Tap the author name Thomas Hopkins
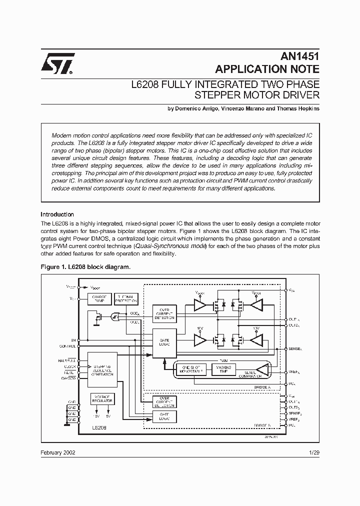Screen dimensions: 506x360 pyautogui.click(x=297, y=108)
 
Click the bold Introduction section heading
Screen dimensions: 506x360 pyautogui.click(x=57, y=214)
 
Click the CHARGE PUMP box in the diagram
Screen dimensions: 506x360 pyautogui.click(x=99, y=298)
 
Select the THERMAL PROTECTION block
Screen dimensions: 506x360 pyautogui.click(x=126, y=298)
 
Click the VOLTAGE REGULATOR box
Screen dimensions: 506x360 pyautogui.click(x=102, y=399)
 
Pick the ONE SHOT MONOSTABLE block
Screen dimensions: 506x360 pyautogui.click(x=188, y=369)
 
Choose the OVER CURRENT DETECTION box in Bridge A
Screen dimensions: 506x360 pyautogui.click(x=164, y=313)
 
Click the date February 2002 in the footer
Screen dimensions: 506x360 pyautogui.click(x=58, y=451)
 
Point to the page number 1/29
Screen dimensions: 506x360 pyautogui.click(x=313, y=451)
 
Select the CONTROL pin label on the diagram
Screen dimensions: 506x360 pyautogui.click(x=67, y=345)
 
